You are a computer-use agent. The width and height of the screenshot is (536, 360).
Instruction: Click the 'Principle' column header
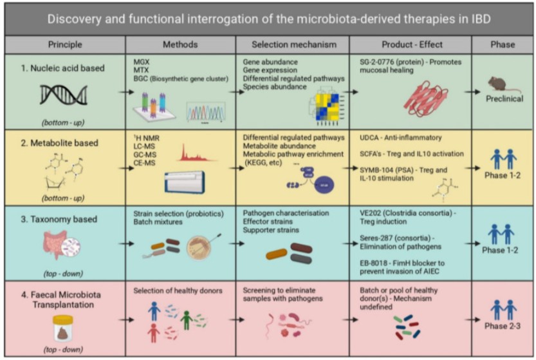coord(65,44)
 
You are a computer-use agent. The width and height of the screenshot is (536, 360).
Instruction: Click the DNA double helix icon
coord(62,96)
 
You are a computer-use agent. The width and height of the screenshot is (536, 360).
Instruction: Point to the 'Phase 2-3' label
coord(503,325)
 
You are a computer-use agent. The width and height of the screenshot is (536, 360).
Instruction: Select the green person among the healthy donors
coord(186,319)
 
